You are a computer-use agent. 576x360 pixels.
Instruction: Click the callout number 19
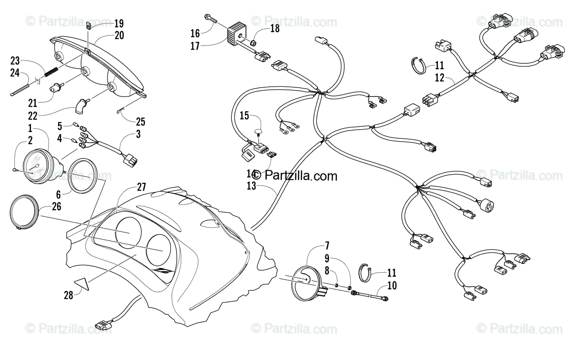pyautogui.click(x=119, y=23)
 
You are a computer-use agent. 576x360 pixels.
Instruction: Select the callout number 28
pyautogui.click(x=68, y=295)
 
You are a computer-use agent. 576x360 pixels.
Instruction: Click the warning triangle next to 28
pyautogui.click(x=82, y=284)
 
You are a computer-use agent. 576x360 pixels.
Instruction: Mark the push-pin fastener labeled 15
pyautogui.click(x=259, y=132)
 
